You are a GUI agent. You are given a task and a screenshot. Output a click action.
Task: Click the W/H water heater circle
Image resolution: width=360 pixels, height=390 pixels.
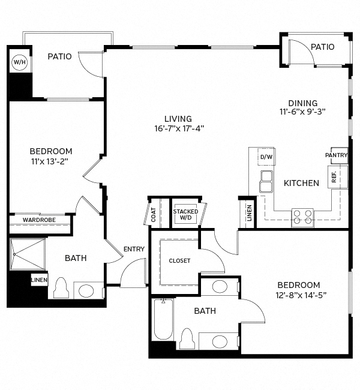point(19,62)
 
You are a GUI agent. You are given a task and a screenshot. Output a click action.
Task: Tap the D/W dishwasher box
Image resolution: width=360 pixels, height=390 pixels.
point(266,157)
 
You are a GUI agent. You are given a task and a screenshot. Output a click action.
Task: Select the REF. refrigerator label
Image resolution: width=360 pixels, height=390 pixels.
point(334,178)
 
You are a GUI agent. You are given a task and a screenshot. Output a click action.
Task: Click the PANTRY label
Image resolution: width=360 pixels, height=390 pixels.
point(336,155)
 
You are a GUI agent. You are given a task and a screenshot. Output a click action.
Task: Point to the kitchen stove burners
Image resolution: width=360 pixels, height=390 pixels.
point(302,216)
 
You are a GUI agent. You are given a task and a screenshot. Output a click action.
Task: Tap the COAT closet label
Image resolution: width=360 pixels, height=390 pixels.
point(154,215)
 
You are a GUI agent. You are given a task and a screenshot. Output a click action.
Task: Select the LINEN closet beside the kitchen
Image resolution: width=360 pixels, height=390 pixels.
point(249,214)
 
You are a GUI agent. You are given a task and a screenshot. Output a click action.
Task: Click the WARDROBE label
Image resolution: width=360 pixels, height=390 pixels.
point(39,220)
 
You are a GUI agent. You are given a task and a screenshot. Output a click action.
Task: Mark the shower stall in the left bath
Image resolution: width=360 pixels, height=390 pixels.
point(28,254)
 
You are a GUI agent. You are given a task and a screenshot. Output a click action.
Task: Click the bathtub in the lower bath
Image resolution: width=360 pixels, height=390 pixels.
point(163,319)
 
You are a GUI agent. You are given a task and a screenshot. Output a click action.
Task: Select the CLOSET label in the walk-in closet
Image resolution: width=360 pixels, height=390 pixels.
point(179,261)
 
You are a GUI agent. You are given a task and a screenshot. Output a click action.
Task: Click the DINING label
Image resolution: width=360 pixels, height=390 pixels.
point(302,103)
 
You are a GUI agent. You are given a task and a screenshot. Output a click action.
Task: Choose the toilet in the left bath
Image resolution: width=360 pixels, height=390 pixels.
point(61,289)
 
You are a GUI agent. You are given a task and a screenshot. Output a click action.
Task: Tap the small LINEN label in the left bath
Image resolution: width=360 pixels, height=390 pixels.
point(39,280)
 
